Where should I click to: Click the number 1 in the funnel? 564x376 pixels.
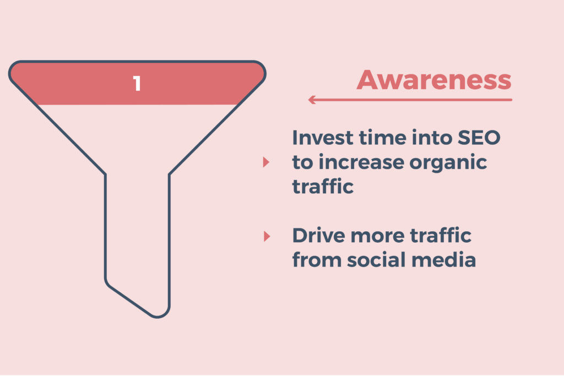point(137,83)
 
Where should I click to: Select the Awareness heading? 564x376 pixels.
point(434,80)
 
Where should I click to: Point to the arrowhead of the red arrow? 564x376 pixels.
point(312,100)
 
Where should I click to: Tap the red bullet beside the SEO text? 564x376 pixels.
point(266,162)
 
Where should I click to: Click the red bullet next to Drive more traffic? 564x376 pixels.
point(267,236)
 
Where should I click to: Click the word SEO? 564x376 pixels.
point(479,138)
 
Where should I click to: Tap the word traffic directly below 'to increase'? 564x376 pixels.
point(323,187)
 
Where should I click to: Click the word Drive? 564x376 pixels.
point(318,236)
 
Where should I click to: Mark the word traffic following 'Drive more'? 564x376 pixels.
point(441,236)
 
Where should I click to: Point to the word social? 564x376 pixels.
point(376,260)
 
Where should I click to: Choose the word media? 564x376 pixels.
point(443,260)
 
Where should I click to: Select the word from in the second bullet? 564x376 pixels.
point(317,260)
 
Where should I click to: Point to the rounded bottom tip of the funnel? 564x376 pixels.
point(158,317)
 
